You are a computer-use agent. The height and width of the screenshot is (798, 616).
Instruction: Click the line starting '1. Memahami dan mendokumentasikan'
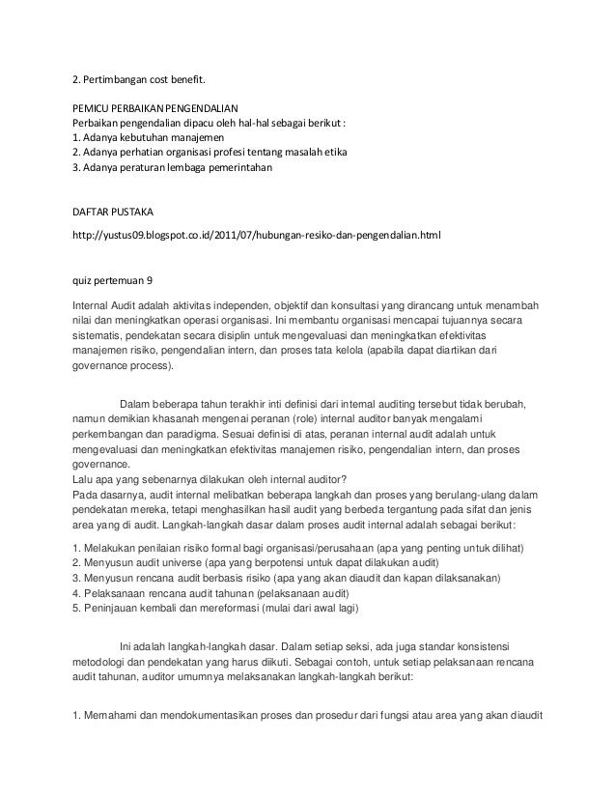309,717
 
